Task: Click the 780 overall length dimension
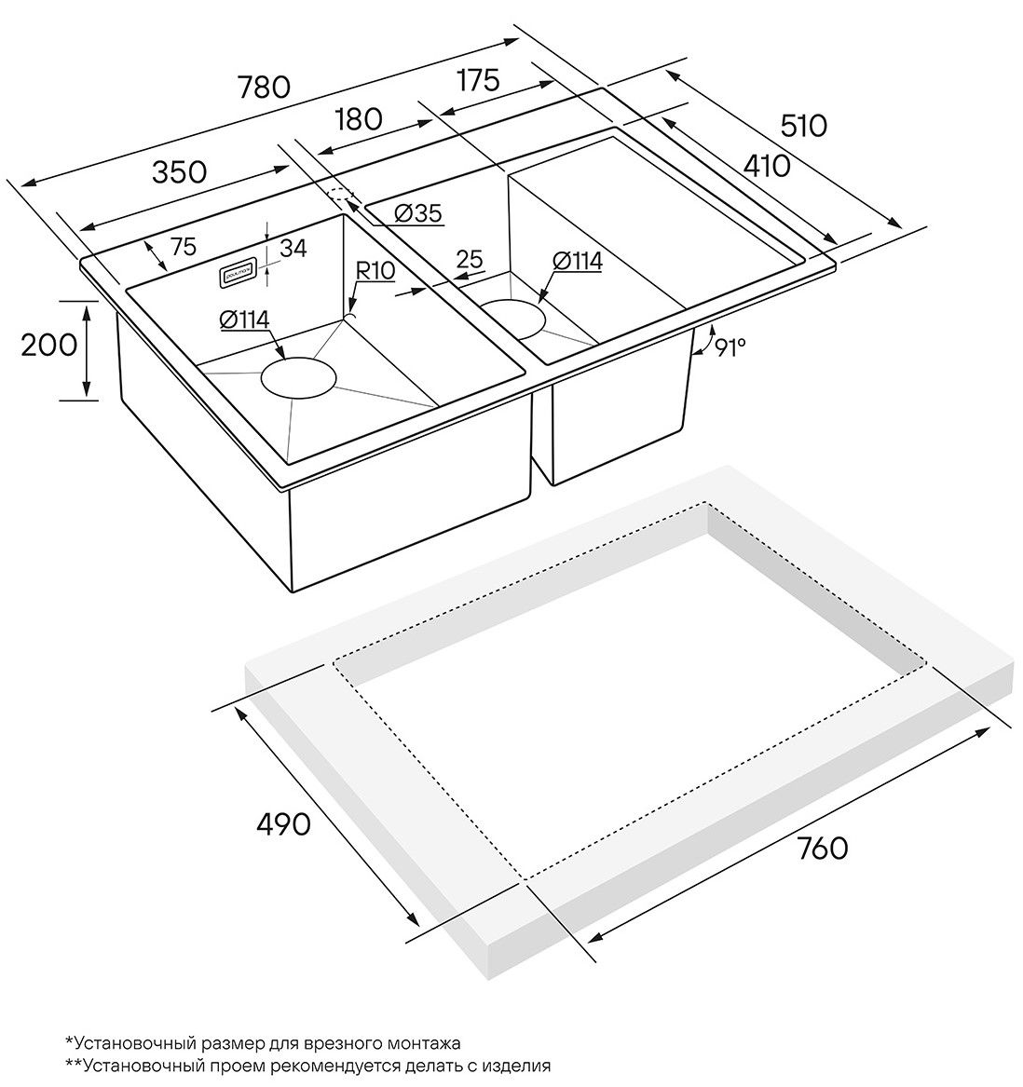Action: pos(265,87)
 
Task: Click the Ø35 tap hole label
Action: pos(417,213)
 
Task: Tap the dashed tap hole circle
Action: pos(342,197)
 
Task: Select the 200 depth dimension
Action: pos(48,345)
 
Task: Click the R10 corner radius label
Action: pos(376,270)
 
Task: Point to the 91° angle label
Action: pos(730,347)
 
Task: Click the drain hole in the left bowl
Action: pos(297,378)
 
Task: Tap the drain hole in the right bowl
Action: pos(511,319)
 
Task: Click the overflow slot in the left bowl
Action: pos(236,274)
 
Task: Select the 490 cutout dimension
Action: pos(283,823)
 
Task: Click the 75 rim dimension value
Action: pos(184,247)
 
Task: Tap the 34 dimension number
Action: pos(293,249)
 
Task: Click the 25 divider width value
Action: pos(470,260)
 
